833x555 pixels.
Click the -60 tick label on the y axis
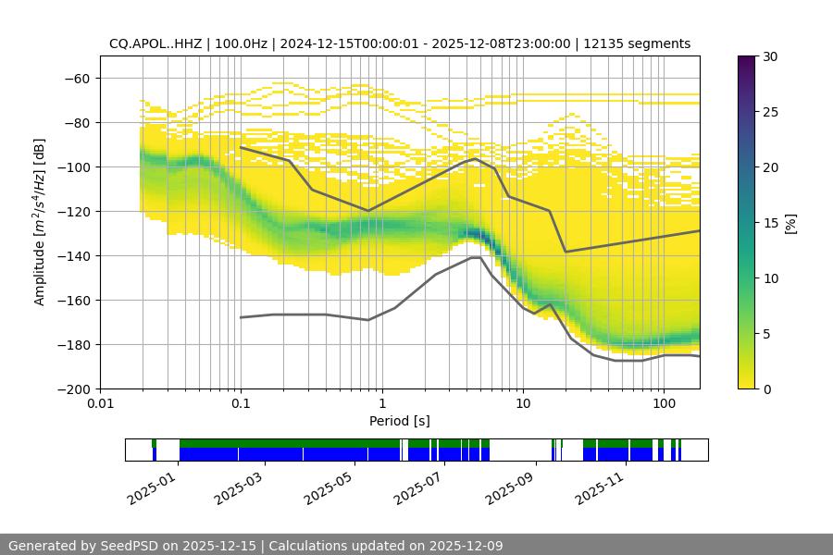point(76,78)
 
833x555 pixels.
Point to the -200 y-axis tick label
point(72,388)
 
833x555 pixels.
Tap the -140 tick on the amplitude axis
point(72,255)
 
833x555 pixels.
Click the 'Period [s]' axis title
point(400,421)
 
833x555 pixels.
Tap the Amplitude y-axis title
point(40,222)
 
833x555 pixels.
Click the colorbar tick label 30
point(770,56)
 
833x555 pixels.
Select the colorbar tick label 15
point(770,223)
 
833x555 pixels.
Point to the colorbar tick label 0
point(766,389)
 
